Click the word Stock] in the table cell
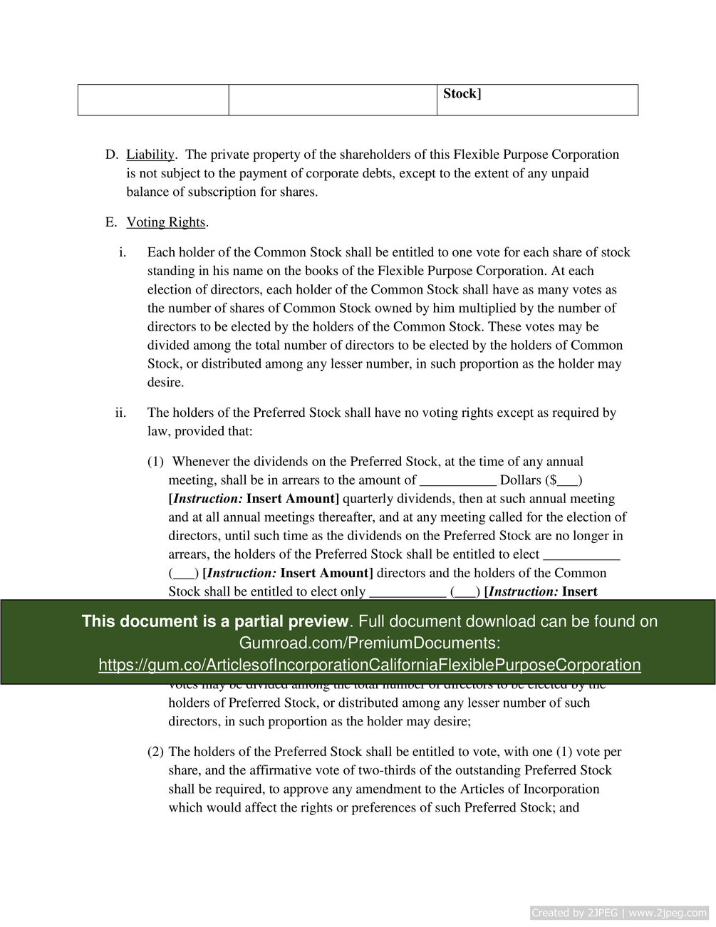[462, 94]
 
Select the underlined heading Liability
[150, 155]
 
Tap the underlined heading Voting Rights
[166, 222]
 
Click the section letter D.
[110, 155]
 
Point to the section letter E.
[110, 222]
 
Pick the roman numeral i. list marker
[123, 252]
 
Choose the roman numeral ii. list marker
[120, 413]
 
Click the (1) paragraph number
[155, 462]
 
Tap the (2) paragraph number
[155, 752]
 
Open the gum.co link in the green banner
[369, 665]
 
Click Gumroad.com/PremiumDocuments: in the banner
[369, 643]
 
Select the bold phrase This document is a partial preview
[214, 621]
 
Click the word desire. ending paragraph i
[165, 383]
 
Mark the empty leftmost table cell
[153, 100]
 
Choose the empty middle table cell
[333, 100]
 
